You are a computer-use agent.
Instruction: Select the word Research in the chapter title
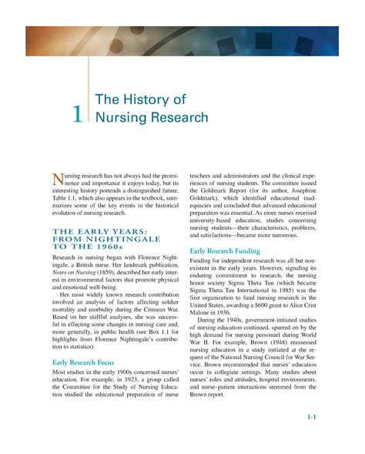tap(179, 117)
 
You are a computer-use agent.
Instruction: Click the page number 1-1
tap(312, 417)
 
